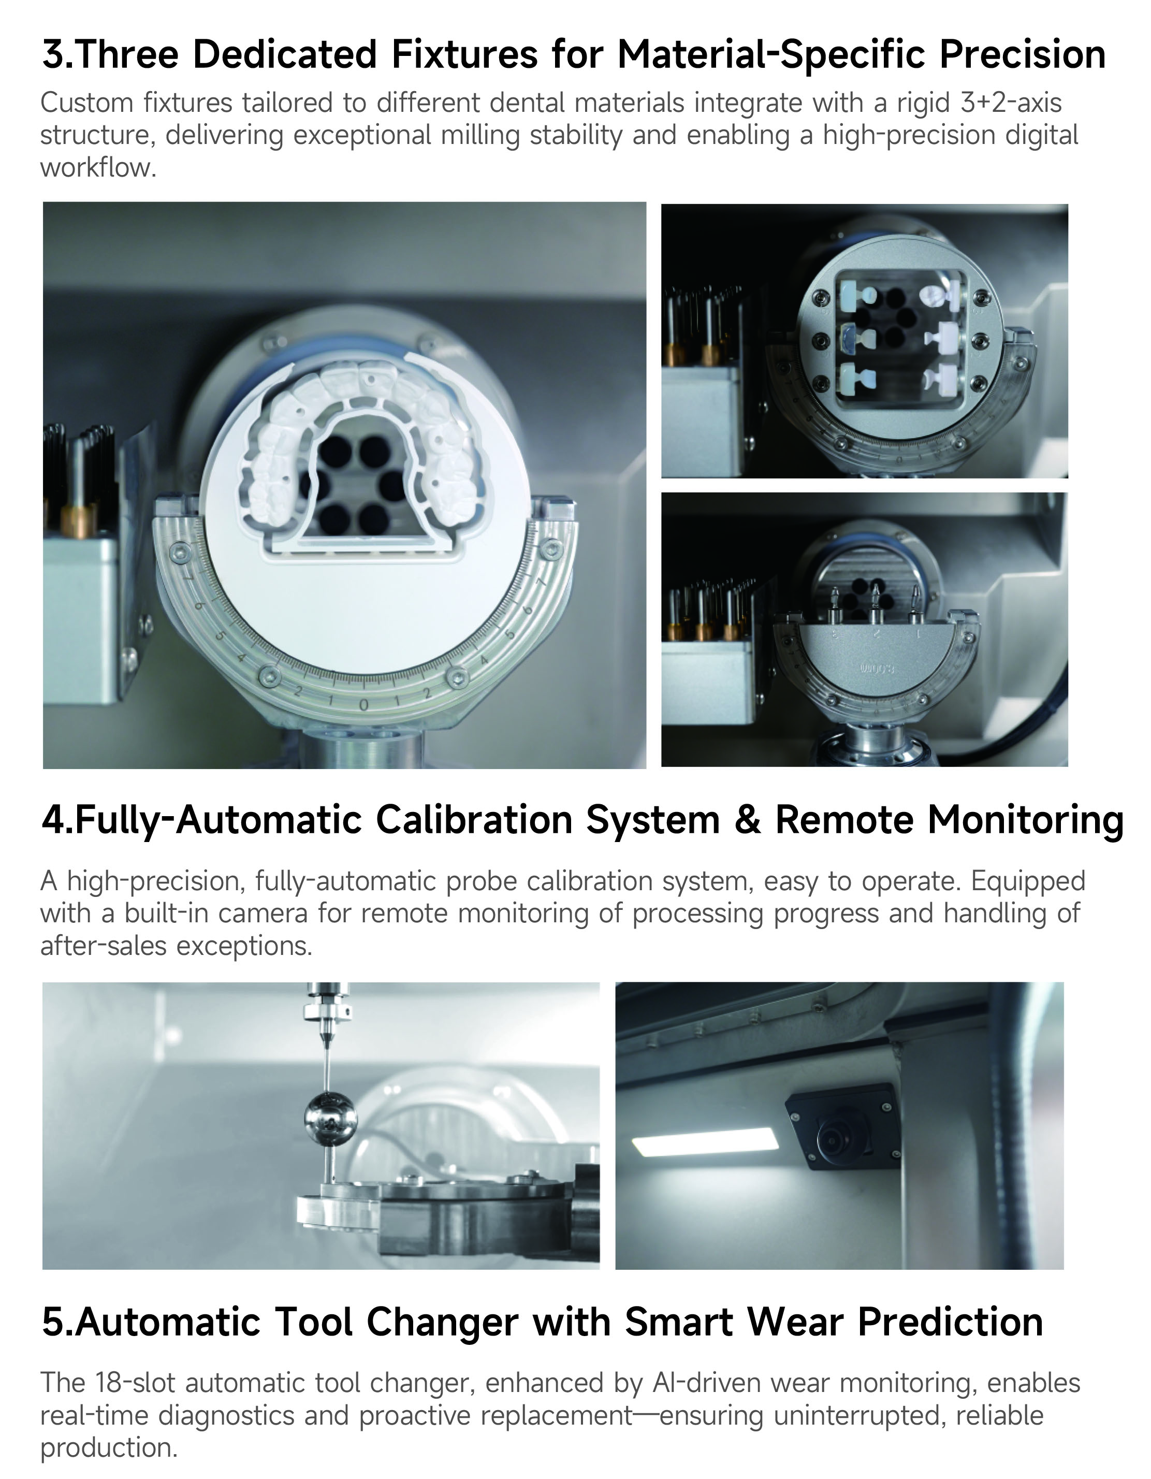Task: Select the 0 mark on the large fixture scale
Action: [363, 705]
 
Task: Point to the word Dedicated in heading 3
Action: [284, 55]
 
